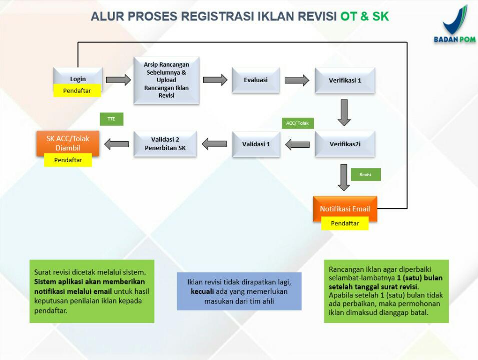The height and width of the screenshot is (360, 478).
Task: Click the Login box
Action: [78, 78]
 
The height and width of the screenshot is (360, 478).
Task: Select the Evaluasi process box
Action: [256, 80]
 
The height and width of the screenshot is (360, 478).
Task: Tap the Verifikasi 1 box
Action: [345, 80]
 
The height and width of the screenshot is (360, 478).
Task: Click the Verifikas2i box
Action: [345, 144]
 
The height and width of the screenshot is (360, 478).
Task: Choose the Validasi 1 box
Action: [256, 144]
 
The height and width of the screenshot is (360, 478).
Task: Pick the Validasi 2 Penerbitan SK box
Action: [165, 144]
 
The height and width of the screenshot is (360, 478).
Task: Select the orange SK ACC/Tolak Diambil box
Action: [68, 142]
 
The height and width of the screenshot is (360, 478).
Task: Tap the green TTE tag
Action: [111, 119]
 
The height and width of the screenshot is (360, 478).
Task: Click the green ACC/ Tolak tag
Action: [297, 123]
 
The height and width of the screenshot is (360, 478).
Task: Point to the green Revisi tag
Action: [365, 174]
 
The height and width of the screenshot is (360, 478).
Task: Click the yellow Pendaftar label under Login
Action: [77, 91]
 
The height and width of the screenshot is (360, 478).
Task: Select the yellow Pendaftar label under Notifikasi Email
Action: [345, 223]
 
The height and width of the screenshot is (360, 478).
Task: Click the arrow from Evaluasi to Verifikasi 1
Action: [297, 80]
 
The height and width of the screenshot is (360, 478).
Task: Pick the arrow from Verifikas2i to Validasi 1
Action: [297, 144]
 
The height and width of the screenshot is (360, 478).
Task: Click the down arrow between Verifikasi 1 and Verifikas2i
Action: [344, 112]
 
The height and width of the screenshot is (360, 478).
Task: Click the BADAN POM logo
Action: [454, 25]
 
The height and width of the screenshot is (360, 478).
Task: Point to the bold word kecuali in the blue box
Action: [201, 292]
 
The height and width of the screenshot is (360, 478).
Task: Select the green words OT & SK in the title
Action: [364, 16]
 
